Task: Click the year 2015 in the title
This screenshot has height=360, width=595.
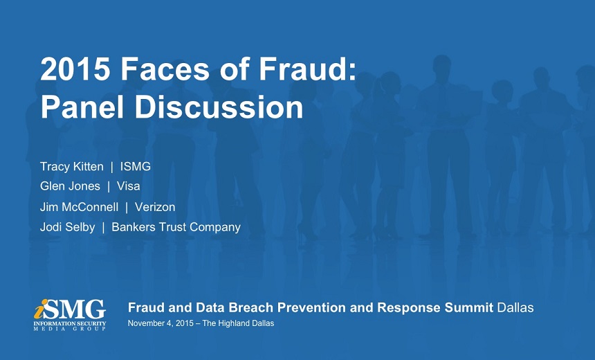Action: pyautogui.click(x=75, y=69)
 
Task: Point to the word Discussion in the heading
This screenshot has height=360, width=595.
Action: pyautogui.click(x=219, y=107)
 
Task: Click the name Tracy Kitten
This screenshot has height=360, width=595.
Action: pyautogui.click(x=72, y=166)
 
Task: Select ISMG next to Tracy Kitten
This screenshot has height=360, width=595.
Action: pyautogui.click(x=136, y=166)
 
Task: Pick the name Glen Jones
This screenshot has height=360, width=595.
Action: pyautogui.click(x=70, y=186)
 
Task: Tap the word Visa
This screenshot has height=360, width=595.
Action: pyautogui.click(x=128, y=186)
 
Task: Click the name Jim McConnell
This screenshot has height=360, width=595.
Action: pyautogui.click(x=80, y=207)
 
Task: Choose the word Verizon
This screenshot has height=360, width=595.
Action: pyautogui.click(x=155, y=207)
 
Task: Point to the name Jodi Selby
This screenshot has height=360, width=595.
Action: pyautogui.click(x=68, y=227)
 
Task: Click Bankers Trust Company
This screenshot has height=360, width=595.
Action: pyautogui.click(x=176, y=227)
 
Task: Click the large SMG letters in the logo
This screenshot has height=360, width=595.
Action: pyautogui.click(x=75, y=309)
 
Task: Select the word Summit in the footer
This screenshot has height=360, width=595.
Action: pyautogui.click(x=469, y=307)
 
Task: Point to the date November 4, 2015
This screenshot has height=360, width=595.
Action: pyautogui.click(x=161, y=323)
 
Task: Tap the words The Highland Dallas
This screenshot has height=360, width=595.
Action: pyautogui.click(x=238, y=323)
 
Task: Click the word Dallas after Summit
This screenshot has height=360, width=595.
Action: pyautogui.click(x=515, y=307)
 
